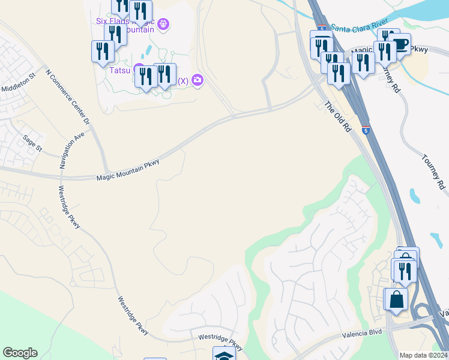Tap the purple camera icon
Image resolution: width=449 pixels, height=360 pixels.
tap(197, 80)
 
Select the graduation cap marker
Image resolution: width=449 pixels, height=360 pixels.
tap(224, 355)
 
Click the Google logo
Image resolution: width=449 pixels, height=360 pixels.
tap(20, 353)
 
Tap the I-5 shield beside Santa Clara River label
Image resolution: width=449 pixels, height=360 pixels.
tap(324, 28)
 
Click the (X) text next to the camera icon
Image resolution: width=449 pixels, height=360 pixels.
tap(183, 80)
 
